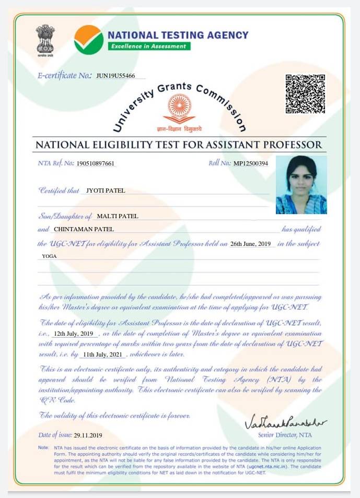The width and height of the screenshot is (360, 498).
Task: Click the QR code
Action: pos(305,94)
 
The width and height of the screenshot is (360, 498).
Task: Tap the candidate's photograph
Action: pos(301,185)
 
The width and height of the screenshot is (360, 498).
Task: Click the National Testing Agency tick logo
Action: pos(88,40)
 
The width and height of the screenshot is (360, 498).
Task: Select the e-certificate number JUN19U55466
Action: pos(115,76)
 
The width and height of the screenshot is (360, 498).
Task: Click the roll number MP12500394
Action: pos(251,163)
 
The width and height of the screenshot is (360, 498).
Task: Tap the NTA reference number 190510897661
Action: pos(95,163)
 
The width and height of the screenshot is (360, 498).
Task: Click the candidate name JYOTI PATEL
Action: pos(106,191)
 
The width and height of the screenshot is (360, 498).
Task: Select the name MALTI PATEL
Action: pos(118,216)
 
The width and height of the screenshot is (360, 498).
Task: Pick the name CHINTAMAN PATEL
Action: pos(84,229)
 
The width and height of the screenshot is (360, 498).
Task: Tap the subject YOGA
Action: pos(49,256)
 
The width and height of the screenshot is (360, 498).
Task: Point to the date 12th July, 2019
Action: pos(73,334)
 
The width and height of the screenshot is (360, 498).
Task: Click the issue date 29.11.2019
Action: pos(88,435)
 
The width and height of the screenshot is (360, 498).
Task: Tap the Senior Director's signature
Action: pos(285,422)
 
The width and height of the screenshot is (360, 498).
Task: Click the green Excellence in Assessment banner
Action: pos(149,46)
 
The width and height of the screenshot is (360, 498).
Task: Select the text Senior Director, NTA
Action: pos(285,435)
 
